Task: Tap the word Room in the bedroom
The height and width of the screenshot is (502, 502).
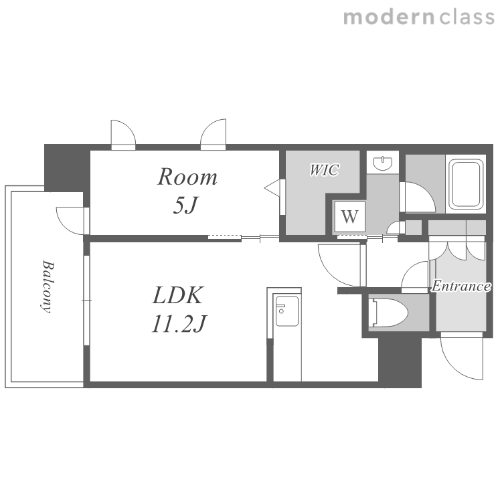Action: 187,177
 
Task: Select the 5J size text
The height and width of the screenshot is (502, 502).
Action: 185,205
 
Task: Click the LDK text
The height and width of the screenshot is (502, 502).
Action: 178,295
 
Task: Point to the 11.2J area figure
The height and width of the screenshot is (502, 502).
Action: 179,323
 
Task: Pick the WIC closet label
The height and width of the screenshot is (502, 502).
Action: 324,170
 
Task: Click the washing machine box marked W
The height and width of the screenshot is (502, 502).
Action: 349,217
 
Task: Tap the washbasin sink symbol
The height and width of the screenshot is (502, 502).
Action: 383,163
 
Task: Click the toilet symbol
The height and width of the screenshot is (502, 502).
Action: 388,313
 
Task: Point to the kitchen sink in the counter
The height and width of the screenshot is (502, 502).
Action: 287,311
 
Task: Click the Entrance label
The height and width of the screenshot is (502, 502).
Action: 461,286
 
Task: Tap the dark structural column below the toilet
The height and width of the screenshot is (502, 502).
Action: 400,362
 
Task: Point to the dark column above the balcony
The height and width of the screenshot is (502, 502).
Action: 66,167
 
